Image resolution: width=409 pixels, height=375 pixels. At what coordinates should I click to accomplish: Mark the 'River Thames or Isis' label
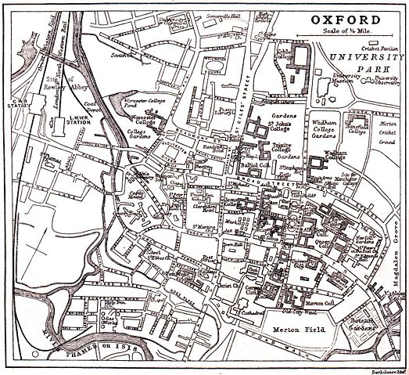[x=70, y=342]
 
